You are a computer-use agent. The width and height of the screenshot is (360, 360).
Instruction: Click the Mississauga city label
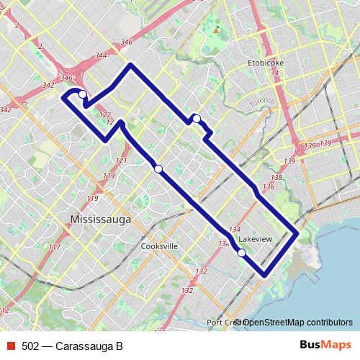coord(100,218)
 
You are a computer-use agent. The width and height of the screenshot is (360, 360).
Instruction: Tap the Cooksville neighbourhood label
coord(159,246)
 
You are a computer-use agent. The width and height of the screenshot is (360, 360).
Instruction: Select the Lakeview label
coord(256,238)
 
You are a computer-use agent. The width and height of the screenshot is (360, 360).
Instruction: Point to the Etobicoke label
coord(266,63)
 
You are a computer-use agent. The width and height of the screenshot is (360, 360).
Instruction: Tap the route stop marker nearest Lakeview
coord(242,252)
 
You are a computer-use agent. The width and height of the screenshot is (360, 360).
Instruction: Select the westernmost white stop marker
coord(83,94)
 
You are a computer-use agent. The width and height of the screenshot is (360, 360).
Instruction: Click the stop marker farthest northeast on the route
coord(196,118)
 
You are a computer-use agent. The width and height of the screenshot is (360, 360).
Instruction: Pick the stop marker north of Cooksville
coord(158,168)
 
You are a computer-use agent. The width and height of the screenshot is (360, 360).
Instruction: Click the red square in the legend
coord(10,346)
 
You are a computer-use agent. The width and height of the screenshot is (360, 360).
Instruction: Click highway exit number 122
coord(105,114)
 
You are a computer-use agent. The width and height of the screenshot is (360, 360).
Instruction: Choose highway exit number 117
coord(54,247)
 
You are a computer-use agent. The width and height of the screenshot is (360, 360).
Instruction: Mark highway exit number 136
coord(269,187)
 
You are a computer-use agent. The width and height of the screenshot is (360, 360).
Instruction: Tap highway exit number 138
coord(276,177)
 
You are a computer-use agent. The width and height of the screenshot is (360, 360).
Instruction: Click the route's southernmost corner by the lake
coord(264,274)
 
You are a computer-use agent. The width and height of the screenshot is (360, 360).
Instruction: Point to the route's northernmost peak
coord(130,66)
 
